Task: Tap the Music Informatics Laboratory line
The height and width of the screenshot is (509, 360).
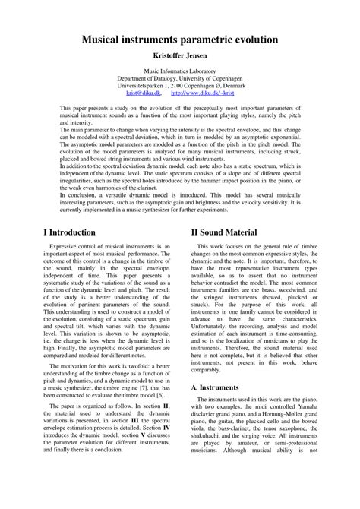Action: (x=179, y=70)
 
